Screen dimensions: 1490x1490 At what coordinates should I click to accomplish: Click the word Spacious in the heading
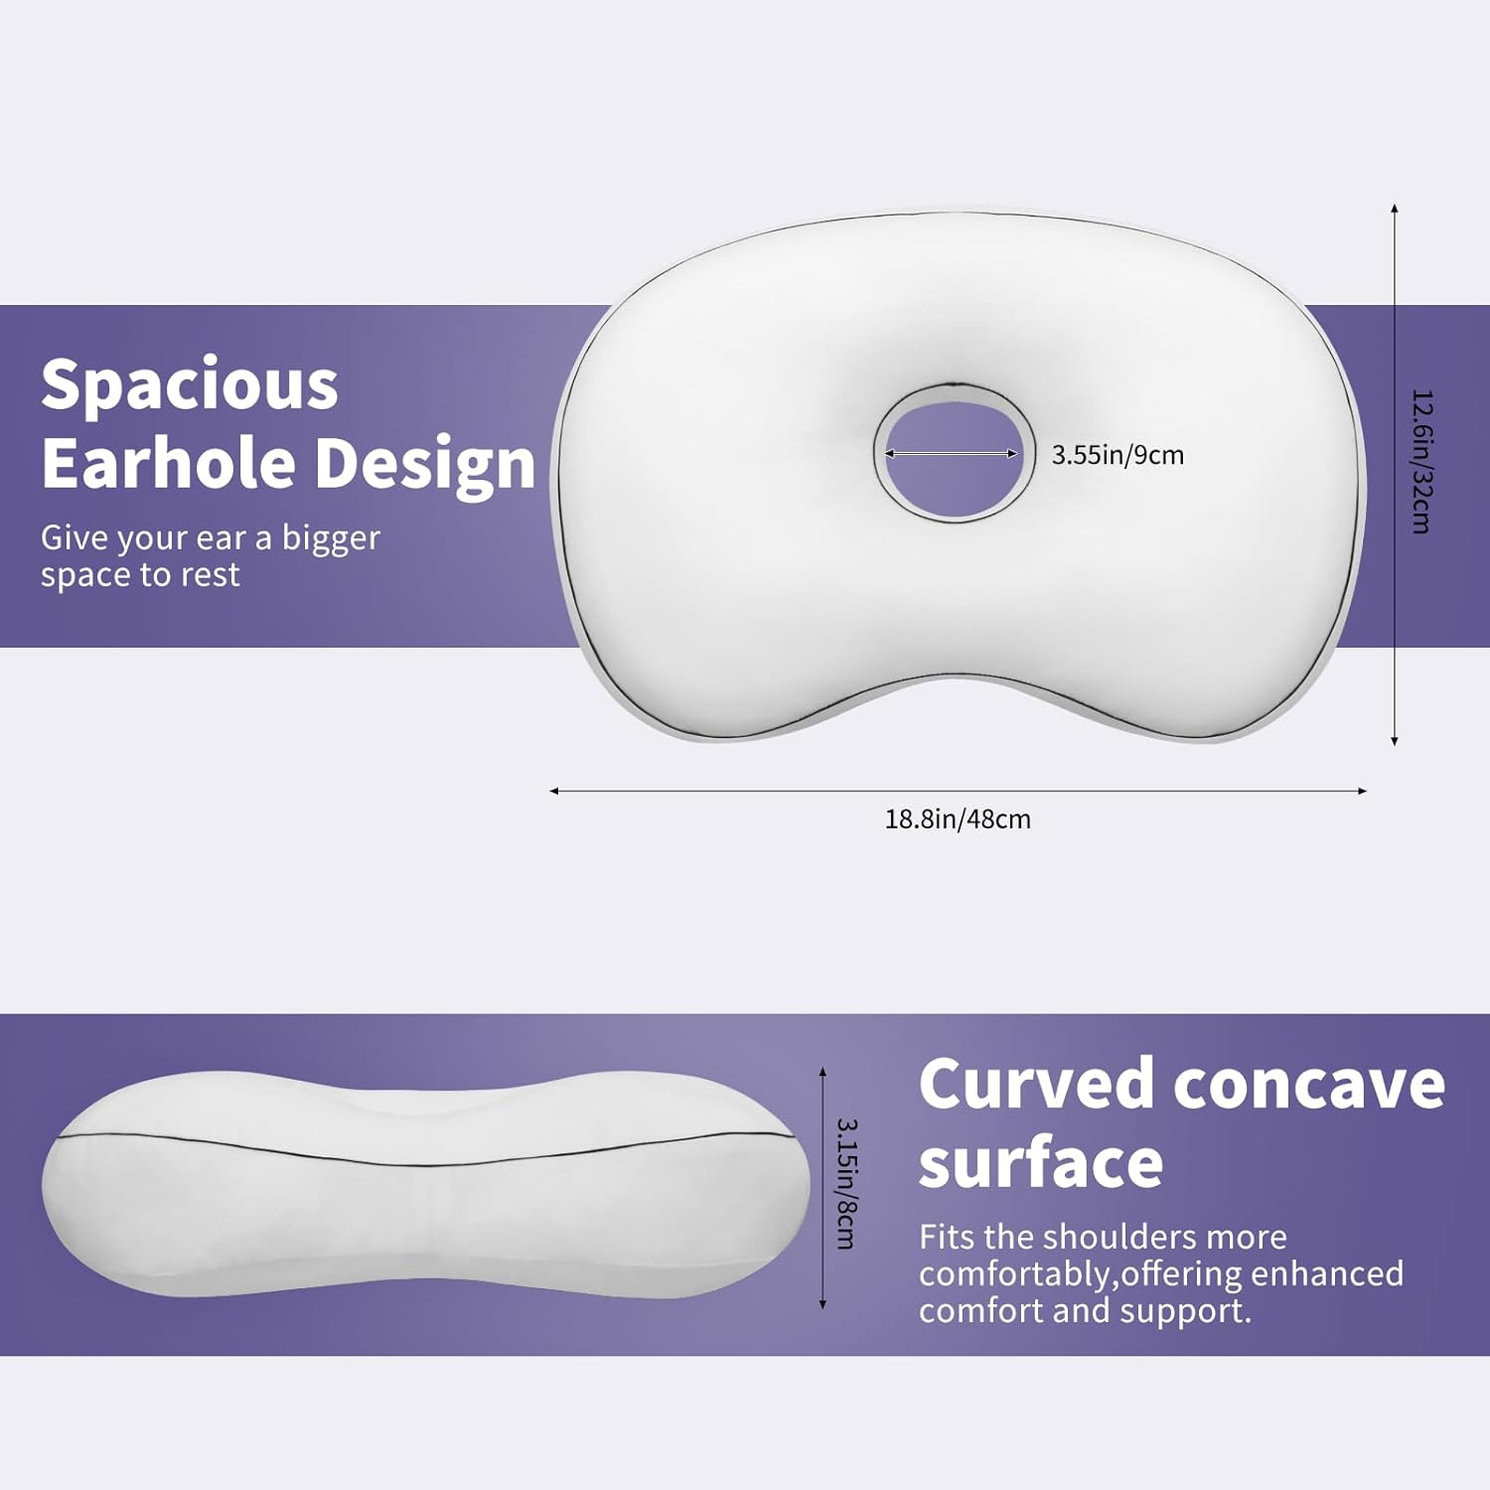point(189,385)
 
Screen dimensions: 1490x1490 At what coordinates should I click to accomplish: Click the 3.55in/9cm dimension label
point(1117,455)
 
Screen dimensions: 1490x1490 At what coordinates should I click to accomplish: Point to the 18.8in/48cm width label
point(958,819)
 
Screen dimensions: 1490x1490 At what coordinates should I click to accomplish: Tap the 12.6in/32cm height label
point(1421,461)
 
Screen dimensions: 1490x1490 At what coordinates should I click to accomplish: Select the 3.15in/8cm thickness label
point(846,1183)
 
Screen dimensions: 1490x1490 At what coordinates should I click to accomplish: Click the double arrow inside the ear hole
point(952,454)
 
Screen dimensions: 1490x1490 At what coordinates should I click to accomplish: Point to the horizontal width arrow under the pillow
point(958,791)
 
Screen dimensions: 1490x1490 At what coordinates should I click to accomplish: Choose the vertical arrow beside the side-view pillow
point(822,1188)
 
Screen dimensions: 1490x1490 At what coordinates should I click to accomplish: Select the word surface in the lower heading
point(1040,1163)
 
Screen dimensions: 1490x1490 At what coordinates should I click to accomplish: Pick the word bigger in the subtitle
point(331,538)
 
